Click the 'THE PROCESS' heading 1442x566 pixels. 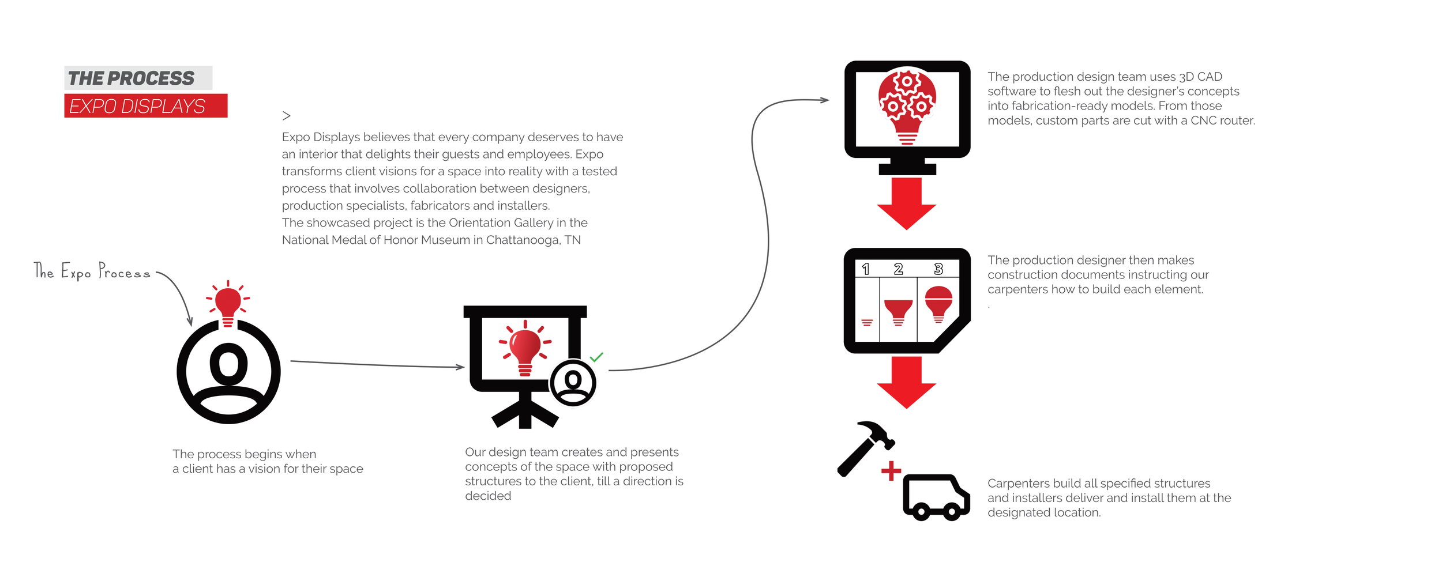pyautogui.click(x=132, y=78)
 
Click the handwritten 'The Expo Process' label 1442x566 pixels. pyautogui.click(x=92, y=271)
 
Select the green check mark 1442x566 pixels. pyautogui.click(x=596, y=357)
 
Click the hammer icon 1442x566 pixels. pyautogui.click(x=865, y=448)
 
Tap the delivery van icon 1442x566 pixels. pyautogui.click(x=936, y=497)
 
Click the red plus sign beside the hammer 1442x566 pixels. pyautogui.click(x=891, y=471)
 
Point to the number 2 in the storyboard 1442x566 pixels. pyautogui.click(x=898, y=269)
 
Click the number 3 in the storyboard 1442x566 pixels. pyautogui.click(x=938, y=269)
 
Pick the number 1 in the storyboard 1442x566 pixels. pyautogui.click(x=866, y=269)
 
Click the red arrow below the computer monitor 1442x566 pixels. pyautogui.click(x=906, y=203)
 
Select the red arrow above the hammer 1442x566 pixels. pyautogui.click(x=906, y=382)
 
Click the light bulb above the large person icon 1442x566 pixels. pyautogui.click(x=228, y=303)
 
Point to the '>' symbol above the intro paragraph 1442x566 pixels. pyautogui.click(x=286, y=116)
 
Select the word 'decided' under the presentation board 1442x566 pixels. pyautogui.click(x=488, y=496)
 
